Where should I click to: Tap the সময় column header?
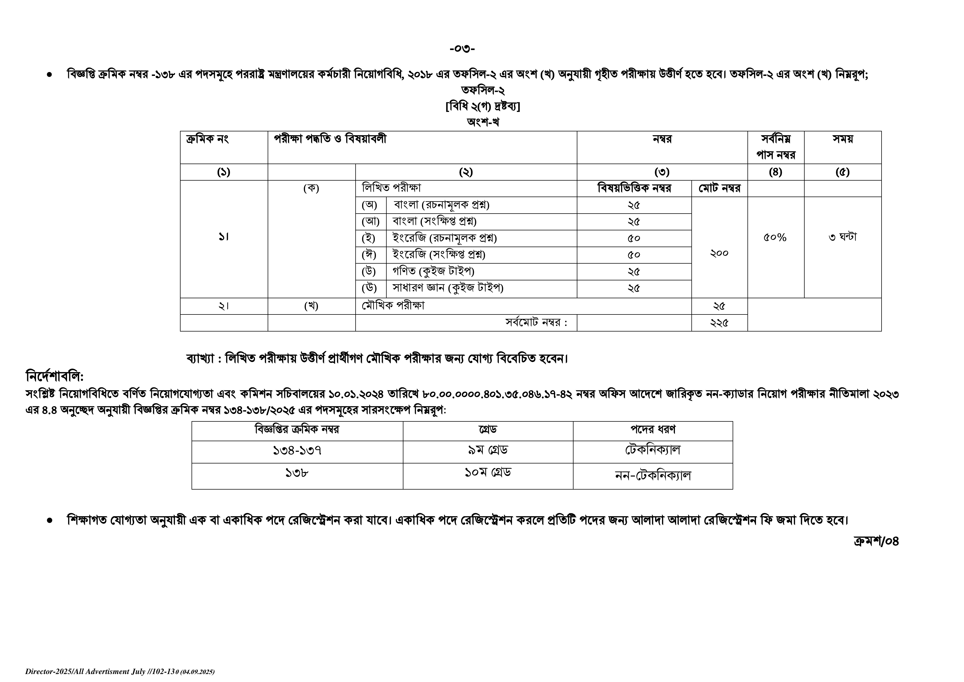(842, 139)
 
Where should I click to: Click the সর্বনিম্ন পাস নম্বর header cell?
(775, 147)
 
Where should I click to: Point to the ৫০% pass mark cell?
(775, 238)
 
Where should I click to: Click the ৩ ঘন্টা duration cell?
(842, 237)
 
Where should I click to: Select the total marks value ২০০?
(719, 253)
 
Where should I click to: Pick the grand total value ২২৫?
(719, 322)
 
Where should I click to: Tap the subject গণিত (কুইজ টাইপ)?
(433, 272)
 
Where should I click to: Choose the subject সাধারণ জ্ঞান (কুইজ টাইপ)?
(448, 288)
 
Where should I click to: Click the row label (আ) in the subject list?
(370, 221)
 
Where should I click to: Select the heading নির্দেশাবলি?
(55, 376)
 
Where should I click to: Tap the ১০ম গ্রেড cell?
(487, 473)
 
